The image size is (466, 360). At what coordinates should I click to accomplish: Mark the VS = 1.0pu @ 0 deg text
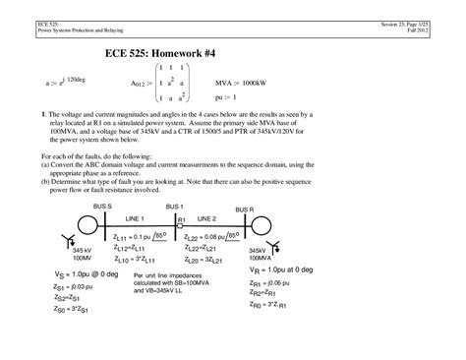coord(81,275)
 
